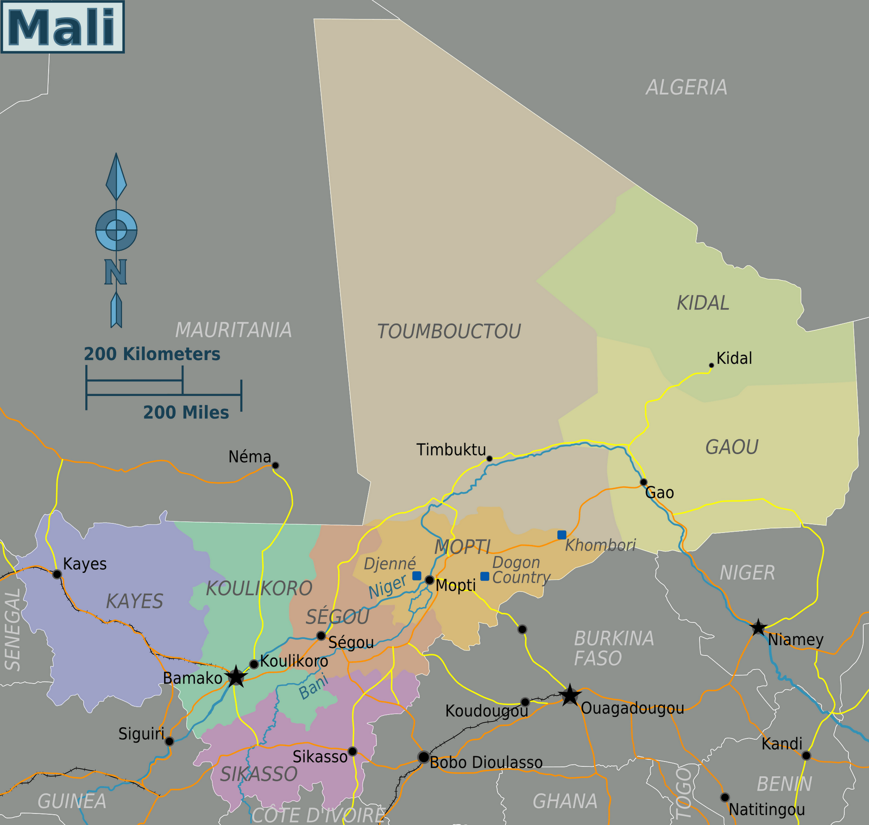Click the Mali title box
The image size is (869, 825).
[x=62, y=27]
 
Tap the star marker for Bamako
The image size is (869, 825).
[x=235, y=677]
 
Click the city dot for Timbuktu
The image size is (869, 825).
[x=489, y=459]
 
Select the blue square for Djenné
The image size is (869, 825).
[x=417, y=576]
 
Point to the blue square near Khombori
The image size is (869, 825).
[x=562, y=535]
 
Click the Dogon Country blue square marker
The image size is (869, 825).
[x=484, y=576]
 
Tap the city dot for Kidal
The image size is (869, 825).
[x=711, y=365]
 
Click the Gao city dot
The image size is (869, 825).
[x=644, y=482]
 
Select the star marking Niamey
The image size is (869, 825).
[x=758, y=628]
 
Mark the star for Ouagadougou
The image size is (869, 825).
[x=570, y=695]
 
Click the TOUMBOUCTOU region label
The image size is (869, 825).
[x=449, y=331]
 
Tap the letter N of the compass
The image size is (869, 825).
[x=115, y=272]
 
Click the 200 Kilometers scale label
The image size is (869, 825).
[x=152, y=354]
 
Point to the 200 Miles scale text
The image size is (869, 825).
[x=186, y=412]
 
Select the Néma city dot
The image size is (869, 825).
[x=275, y=465]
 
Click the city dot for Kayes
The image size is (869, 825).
[x=56, y=574]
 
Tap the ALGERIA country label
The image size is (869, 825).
[x=687, y=87]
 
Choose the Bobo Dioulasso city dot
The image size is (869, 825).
[x=423, y=757]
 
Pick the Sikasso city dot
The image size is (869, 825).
[x=352, y=751]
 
